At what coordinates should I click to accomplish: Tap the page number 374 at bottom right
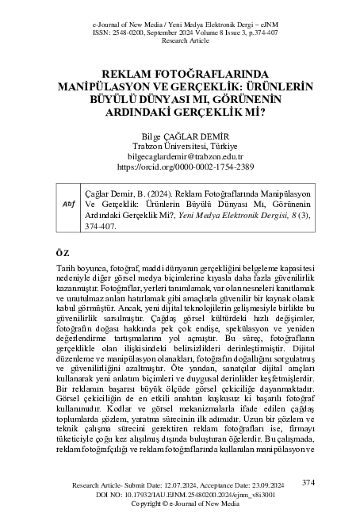pos(308,481)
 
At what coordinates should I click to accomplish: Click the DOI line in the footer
pos(180,493)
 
